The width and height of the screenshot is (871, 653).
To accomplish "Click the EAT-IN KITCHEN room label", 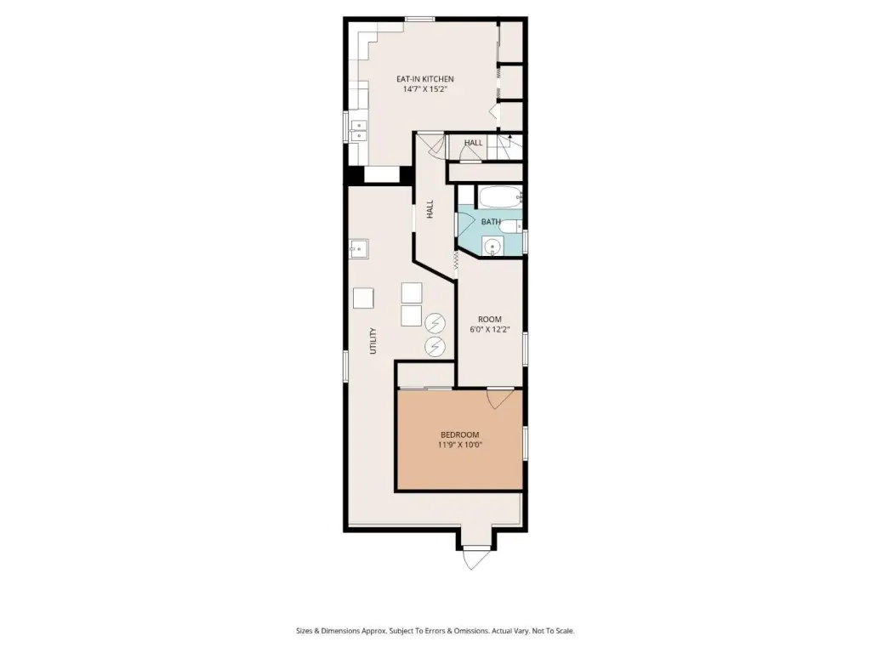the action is pyautogui.click(x=424, y=79).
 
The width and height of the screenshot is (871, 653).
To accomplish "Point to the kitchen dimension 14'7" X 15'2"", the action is pyautogui.click(x=424, y=88).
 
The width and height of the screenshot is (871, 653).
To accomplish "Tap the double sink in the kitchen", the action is pyautogui.click(x=359, y=130).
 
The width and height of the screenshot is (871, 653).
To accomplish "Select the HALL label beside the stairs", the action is pyautogui.click(x=473, y=143).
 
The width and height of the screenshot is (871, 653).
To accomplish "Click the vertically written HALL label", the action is pyautogui.click(x=430, y=209).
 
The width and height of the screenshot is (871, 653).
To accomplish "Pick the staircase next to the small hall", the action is pyautogui.click(x=510, y=146).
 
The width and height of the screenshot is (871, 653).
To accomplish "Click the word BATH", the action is pyautogui.click(x=491, y=222).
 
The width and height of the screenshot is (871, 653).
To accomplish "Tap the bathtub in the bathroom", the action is pyautogui.click(x=500, y=197).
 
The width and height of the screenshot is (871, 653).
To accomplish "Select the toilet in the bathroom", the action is pyautogui.click(x=511, y=226).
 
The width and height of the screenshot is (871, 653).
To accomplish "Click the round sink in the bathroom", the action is pyautogui.click(x=492, y=247).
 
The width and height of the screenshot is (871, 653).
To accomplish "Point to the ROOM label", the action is pyautogui.click(x=489, y=320).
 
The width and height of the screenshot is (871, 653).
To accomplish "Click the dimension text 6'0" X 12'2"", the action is pyautogui.click(x=489, y=329).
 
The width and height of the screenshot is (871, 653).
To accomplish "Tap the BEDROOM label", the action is pyautogui.click(x=459, y=434).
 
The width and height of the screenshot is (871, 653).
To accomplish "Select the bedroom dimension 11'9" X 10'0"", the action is pyautogui.click(x=459, y=445).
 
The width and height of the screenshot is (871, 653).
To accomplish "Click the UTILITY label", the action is pyautogui.click(x=373, y=340).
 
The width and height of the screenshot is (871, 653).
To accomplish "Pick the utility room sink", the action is pyautogui.click(x=359, y=249).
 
